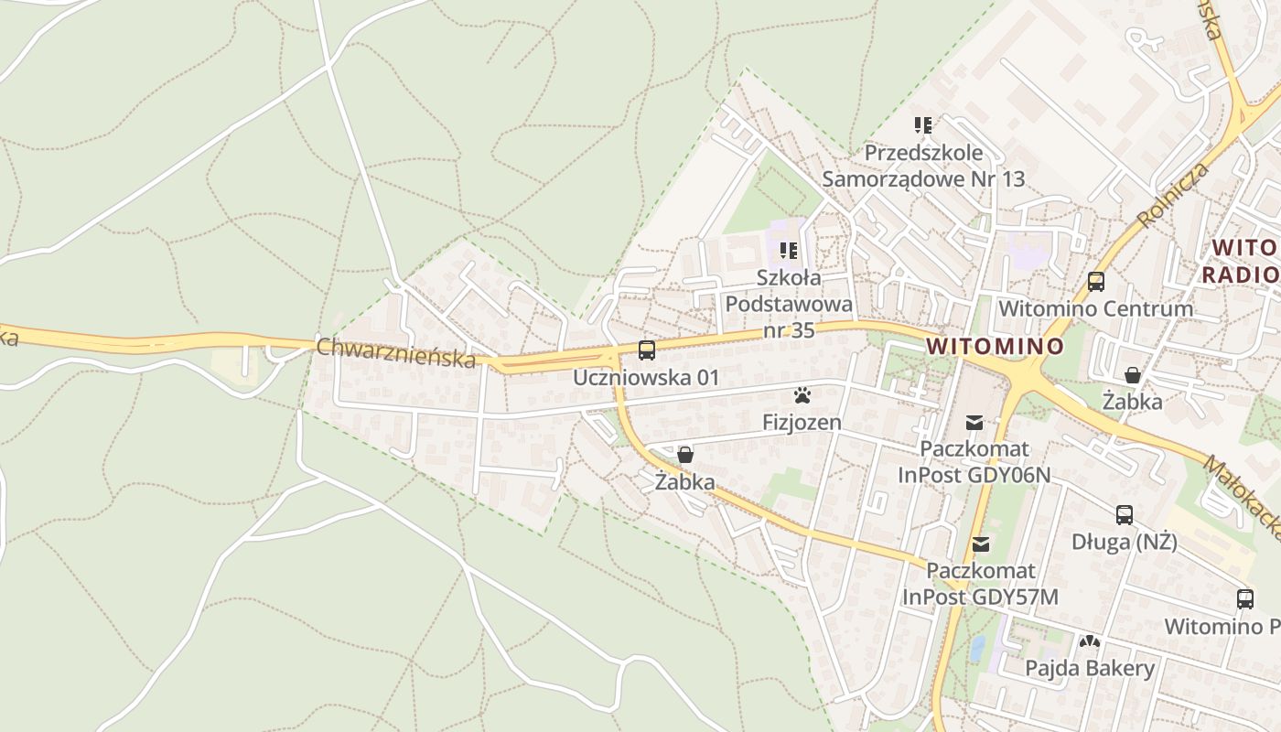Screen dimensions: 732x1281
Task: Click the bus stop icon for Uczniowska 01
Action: [x=646, y=350]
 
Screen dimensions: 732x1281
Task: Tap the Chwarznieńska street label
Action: [x=396, y=352]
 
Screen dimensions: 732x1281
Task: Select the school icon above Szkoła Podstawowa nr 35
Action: [x=789, y=250]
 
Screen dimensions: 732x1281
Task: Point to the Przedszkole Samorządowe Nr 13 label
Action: [x=923, y=166]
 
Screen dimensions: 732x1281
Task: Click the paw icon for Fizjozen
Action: [x=802, y=395]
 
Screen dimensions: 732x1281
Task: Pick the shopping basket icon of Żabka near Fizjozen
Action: [x=684, y=454]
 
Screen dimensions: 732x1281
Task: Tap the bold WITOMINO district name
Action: [x=995, y=347]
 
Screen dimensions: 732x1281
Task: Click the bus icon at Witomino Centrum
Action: [x=1095, y=281]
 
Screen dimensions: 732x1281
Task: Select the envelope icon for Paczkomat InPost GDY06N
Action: [x=974, y=422]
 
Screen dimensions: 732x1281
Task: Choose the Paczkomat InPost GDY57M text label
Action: [x=981, y=584]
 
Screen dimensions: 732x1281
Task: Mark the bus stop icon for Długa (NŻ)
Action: [x=1124, y=514]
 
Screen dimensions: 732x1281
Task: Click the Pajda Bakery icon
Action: [x=1089, y=641]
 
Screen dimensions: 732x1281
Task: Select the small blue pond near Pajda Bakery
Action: [x=977, y=648]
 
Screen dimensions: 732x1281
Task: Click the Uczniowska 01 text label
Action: [x=646, y=377]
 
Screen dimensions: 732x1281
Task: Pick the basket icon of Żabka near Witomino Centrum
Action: [x=1132, y=374]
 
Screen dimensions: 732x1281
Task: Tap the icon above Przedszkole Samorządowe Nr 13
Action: [x=922, y=124]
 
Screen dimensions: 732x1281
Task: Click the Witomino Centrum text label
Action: [x=1095, y=308]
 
